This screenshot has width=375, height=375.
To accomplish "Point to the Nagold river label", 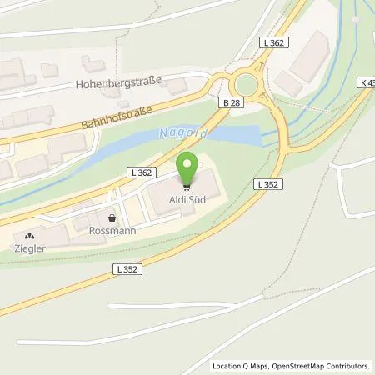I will tap(182, 133).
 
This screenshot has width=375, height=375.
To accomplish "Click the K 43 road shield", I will tap(367, 82).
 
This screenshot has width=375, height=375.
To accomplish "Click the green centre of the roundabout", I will tap(247, 85).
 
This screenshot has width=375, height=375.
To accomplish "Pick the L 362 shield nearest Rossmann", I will tap(141, 172).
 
